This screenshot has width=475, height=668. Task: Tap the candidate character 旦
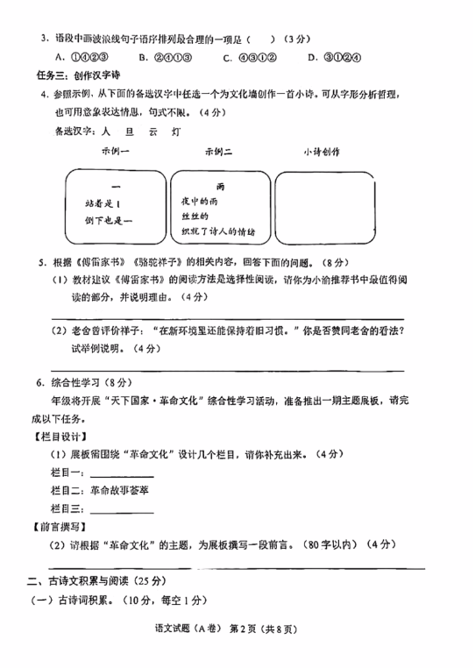130,132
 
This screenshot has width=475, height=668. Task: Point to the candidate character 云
152,132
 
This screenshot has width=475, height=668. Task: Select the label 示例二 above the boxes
218,152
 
